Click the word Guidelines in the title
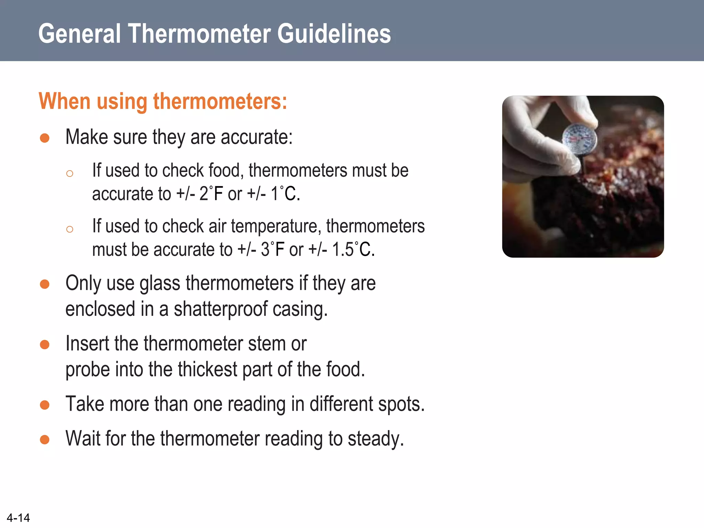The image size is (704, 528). [x=334, y=34]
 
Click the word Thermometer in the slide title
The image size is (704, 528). [x=200, y=34]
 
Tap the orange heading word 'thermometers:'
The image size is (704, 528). [x=220, y=101]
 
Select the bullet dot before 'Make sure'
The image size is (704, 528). [x=45, y=138]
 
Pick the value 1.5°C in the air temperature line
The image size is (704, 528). [x=353, y=249]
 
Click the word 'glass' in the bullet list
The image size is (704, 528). [x=159, y=283]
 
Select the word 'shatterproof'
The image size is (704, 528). [x=220, y=309]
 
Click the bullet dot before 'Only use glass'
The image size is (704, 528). [x=45, y=284]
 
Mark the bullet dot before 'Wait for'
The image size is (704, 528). [x=45, y=440]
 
